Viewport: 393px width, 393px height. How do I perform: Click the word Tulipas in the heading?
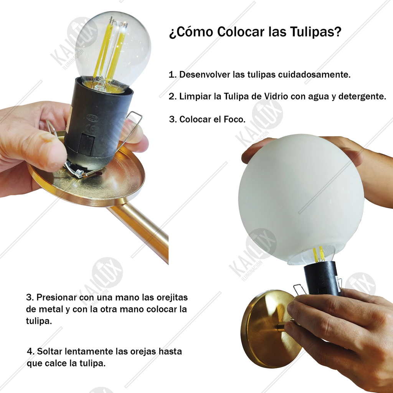315,32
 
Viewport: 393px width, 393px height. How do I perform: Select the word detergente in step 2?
362,96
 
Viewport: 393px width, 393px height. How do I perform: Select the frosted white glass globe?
301,198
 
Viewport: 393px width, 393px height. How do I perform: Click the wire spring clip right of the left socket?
130,130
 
